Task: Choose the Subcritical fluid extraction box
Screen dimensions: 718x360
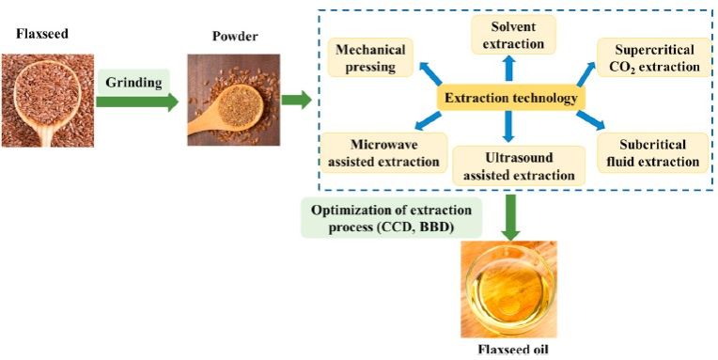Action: [652, 153]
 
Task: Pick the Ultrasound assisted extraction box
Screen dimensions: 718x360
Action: [518, 165]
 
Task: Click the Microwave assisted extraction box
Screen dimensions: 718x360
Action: [383, 152]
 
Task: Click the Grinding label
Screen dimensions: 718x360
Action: [134, 83]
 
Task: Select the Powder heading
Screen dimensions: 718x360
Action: [235, 36]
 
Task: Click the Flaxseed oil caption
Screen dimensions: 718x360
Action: [508, 350]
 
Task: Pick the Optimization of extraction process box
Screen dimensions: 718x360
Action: [391, 217]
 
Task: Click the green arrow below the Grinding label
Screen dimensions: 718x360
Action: [137, 102]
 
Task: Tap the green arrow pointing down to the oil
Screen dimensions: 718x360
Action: [509, 216]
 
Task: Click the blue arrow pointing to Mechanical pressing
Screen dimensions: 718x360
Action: [430, 73]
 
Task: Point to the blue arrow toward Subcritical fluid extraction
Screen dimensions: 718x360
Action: [591, 120]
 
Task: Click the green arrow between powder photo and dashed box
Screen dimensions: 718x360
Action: [296, 100]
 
